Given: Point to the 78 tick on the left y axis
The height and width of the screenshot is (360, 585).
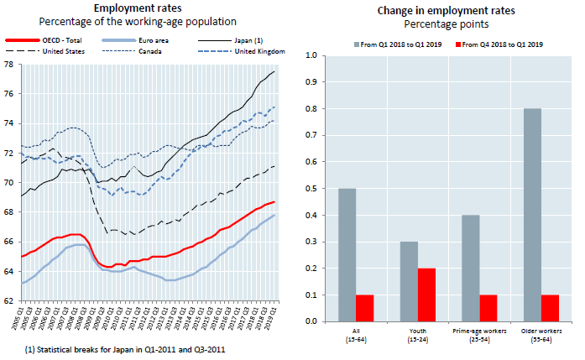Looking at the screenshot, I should point(8,64).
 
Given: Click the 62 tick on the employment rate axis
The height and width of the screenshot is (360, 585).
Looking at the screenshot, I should point(8,300).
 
